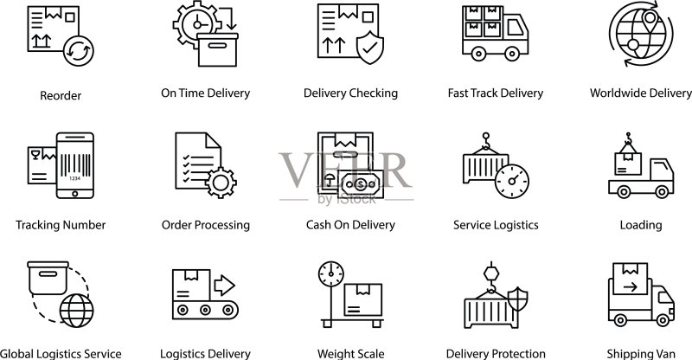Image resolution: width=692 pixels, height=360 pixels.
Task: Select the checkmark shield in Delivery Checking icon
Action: point(370,48)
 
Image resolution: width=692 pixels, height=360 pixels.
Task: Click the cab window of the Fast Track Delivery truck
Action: point(515,28)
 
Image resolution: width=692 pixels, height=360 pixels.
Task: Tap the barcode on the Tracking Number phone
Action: point(75,164)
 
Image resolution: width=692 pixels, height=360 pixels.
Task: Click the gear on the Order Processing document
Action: point(221,183)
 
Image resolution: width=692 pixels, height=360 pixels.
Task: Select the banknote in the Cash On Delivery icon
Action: point(361,184)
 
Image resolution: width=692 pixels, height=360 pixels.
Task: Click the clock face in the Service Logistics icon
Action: point(512,181)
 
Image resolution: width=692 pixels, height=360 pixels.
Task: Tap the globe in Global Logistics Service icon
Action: point(76,311)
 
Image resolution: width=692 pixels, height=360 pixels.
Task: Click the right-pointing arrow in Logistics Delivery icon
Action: point(224,285)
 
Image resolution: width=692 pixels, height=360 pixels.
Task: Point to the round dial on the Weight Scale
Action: point(331,273)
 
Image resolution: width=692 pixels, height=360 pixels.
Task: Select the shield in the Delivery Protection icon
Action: point(517,299)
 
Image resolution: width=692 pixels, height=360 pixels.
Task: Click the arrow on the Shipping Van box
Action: point(631,287)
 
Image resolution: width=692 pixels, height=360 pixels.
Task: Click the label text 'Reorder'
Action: point(61,96)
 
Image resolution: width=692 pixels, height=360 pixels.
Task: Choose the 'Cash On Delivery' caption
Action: point(350,225)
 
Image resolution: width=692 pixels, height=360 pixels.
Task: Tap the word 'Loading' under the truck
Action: point(641,225)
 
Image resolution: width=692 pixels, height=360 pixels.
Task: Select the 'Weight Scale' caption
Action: point(351,354)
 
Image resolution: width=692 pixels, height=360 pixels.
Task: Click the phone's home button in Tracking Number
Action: point(75,194)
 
